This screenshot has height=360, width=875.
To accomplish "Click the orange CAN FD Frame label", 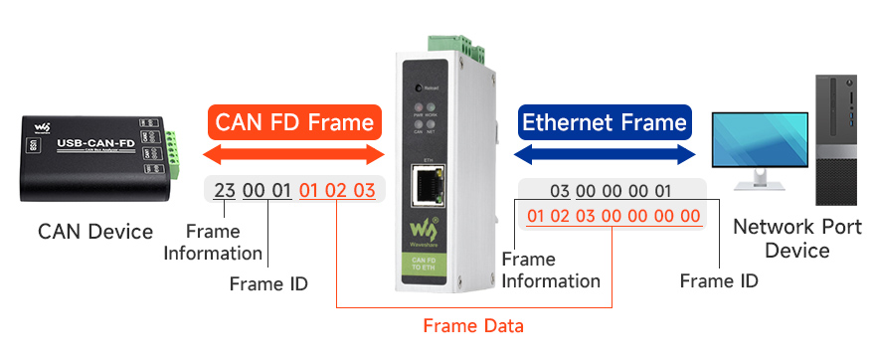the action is point(295,122).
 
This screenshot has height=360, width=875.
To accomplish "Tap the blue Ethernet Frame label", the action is point(605,122).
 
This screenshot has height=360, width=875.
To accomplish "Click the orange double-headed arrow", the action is point(293,155).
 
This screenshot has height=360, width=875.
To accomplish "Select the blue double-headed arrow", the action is point(605,154).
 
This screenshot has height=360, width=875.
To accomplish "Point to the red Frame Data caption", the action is point(473,325).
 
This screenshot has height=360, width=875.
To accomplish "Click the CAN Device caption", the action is point(95,232).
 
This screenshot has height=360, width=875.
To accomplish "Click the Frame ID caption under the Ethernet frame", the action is point(719,280).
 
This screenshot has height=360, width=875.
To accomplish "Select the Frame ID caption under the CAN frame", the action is point(268,283).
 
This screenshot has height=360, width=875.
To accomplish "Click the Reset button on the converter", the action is point(421,88).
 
